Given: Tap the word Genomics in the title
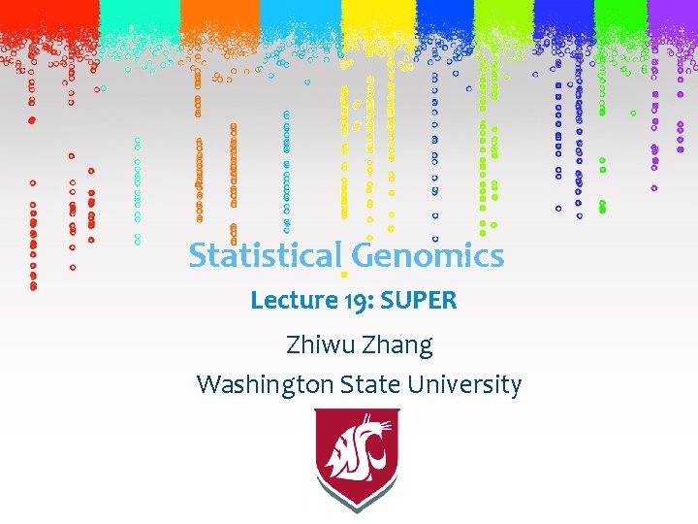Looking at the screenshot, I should click(x=428, y=257).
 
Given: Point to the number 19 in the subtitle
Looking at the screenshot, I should click(x=353, y=301).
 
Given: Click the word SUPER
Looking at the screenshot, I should click(x=419, y=301).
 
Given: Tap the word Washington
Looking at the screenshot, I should click(x=263, y=385).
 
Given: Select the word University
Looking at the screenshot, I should click(x=464, y=385).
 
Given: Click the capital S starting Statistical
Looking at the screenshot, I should click(x=198, y=256).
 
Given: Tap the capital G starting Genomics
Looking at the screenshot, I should click(x=363, y=256).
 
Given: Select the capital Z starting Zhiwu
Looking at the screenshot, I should click(x=296, y=344).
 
